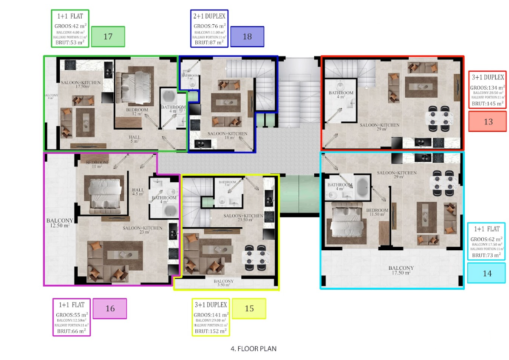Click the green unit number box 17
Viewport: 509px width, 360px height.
108,36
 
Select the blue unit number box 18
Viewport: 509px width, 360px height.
247,36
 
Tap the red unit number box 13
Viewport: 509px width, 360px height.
488,121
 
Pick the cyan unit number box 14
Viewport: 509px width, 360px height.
487,273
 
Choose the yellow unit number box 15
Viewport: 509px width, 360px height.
249,309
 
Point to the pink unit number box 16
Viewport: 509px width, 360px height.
110,309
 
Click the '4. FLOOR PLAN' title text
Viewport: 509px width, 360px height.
253,348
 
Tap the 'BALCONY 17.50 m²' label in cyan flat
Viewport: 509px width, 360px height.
401,270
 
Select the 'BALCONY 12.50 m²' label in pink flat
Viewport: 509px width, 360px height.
60,223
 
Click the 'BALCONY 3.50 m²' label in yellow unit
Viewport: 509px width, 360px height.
223,283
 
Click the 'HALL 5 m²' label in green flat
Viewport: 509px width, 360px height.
134,139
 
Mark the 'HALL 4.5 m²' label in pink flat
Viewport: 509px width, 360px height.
138,192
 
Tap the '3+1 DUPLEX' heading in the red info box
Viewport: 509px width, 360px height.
488,77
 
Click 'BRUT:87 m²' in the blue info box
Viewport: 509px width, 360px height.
209,43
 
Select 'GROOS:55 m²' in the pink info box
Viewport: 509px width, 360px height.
72,315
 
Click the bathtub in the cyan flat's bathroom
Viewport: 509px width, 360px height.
361,187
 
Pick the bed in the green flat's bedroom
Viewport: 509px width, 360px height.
135,82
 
